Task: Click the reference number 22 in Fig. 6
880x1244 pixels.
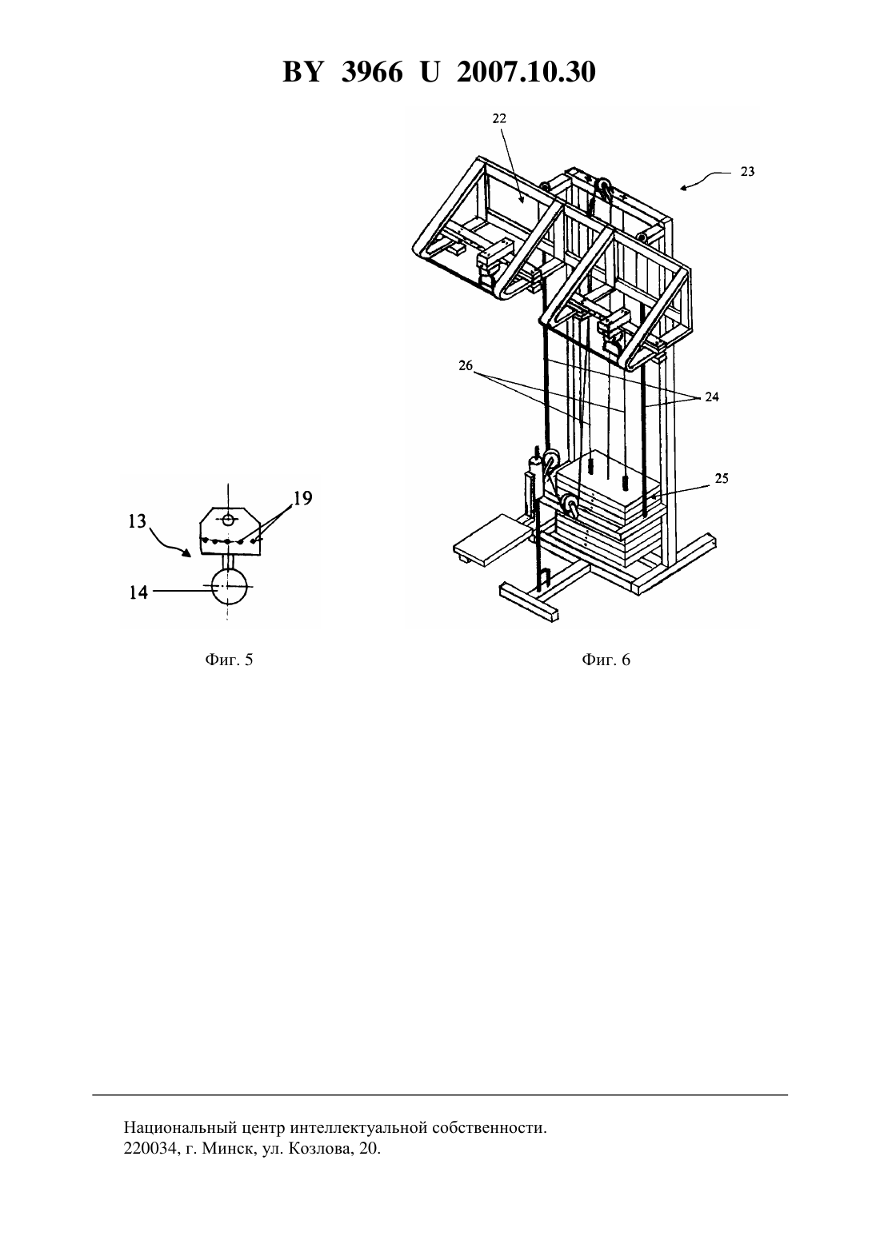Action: (499, 118)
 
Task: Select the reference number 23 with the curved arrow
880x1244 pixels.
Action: (747, 172)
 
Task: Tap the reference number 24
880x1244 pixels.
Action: (712, 397)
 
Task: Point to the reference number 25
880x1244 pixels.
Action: (721, 478)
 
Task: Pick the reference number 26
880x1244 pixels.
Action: (466, 365)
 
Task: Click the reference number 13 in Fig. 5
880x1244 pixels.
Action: (137, 521)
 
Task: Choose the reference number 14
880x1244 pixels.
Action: (139, 592)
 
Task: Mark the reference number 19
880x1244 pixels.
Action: (302, 498)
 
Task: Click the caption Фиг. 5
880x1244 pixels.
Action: (229, 660)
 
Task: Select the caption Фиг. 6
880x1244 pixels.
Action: (606, 660)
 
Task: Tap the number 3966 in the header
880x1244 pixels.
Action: (372, 72)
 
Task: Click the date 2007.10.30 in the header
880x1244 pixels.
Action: (526, 72)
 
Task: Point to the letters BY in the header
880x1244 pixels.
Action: (302, 72)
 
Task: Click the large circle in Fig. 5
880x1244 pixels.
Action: (229, 587)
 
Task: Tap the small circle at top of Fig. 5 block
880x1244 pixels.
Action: (228, 519)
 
